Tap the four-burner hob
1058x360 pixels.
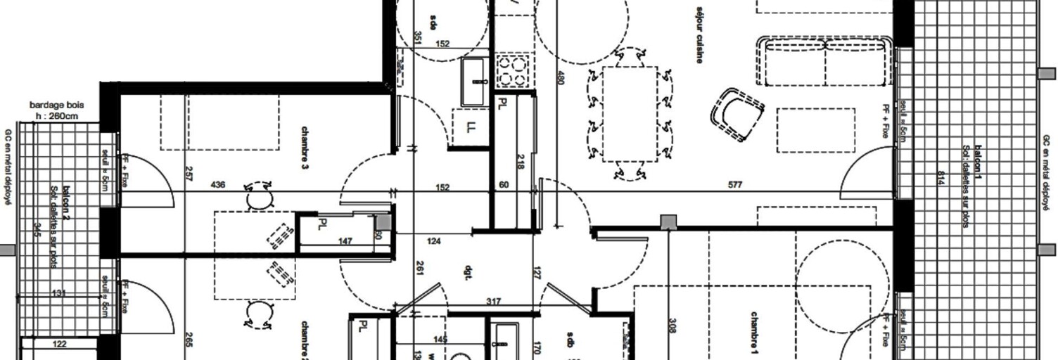[513, 70]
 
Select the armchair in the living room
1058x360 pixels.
[737, 113]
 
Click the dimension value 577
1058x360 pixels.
[734, 186]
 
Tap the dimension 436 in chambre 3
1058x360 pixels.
[218, 186]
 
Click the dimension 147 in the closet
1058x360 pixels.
[345, 241]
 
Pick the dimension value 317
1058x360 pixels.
[493, 302]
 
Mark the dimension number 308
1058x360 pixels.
[673, 325]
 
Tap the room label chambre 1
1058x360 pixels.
[754, 333]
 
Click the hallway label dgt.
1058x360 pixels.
[467, 274]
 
